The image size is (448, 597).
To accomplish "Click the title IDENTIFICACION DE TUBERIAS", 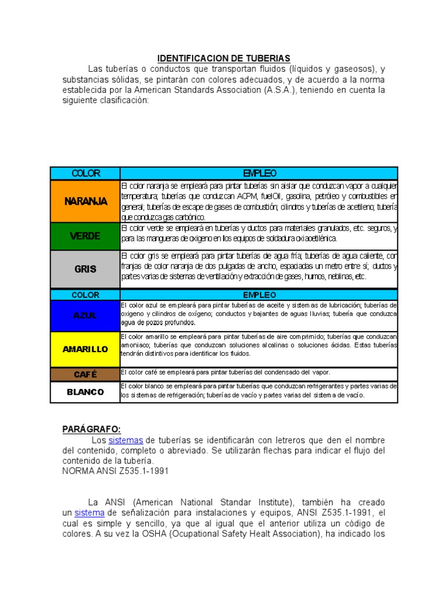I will (224, 58).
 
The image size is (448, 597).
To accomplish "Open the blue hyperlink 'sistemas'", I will (125, 440).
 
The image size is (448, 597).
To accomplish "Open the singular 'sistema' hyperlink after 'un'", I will (89, 512).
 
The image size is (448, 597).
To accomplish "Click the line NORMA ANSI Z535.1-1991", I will (116, 471).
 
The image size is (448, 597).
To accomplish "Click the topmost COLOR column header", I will (85, 173).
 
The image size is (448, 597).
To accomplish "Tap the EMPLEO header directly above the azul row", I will (259, 295).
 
